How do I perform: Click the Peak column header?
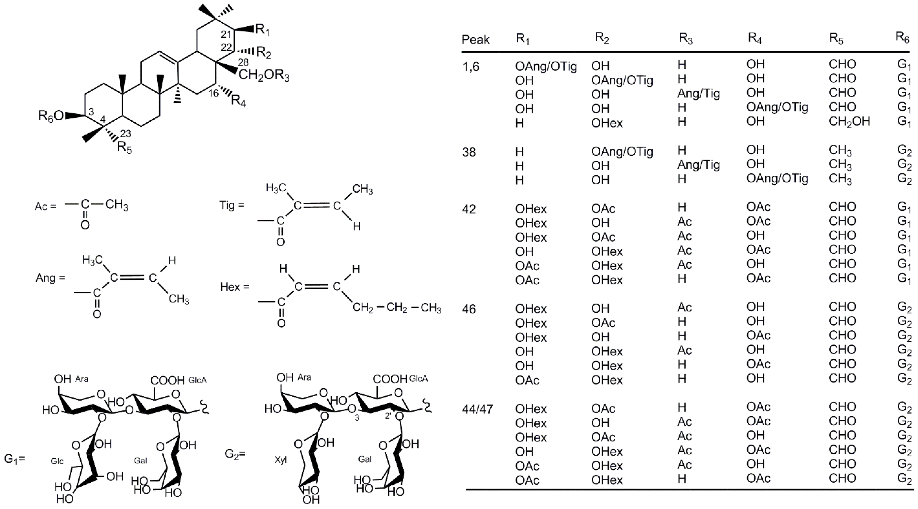(x=476, y=39)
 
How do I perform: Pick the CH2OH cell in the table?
(x=849, y=122)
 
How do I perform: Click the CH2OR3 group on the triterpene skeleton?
(x=264, y=76)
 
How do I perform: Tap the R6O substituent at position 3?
(x=51, y=116)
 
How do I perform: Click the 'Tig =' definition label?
(x=232, y=205)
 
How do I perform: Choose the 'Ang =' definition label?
(x=50, y=278)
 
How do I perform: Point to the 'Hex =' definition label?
(x=235, y=287)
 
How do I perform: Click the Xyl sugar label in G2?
(x=281, y=460)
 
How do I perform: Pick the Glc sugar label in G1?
(x=57, y=462)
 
